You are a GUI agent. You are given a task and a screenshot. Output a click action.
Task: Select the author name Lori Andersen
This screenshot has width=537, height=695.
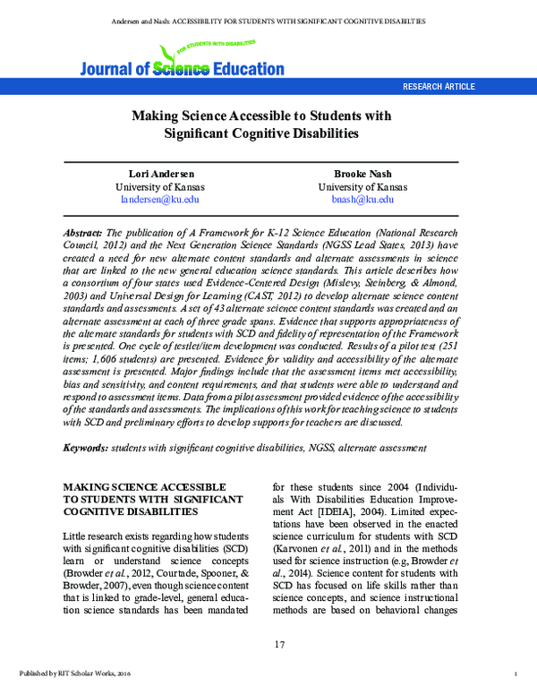(x=160, y=173)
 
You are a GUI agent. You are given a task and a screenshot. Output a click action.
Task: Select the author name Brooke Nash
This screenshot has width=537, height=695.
(x=362, y=173)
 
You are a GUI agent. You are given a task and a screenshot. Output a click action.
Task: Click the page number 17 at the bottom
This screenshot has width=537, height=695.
(x=268, y=645)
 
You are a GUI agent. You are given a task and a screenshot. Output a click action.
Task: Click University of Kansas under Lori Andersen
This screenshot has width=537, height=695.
(x=160, y=186)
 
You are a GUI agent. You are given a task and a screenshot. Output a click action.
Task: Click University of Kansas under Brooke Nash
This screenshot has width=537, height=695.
(x=362, y=186)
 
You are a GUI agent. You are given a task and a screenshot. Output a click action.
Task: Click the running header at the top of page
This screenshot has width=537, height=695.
(x=268, y=20)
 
